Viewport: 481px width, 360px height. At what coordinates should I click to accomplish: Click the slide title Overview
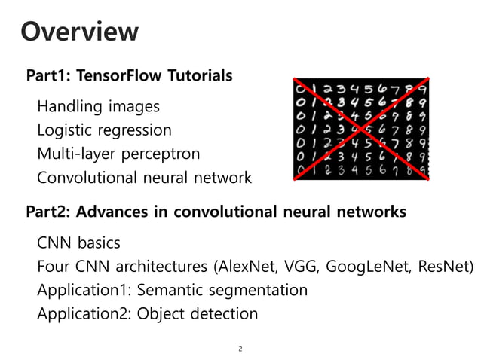click(x=79, y=32)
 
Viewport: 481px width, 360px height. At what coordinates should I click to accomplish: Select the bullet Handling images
click(x=98, y=106)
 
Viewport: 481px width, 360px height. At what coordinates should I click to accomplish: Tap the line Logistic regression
click(x=104, y=130)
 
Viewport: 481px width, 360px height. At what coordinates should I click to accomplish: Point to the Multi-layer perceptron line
click(x=118, y=154)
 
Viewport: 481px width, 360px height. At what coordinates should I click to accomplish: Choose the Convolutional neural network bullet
click(x=144, y=178)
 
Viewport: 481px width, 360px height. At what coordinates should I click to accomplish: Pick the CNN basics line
click(x=78, y=243)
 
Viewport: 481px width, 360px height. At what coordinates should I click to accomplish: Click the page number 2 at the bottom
click(x=240, y=349)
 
